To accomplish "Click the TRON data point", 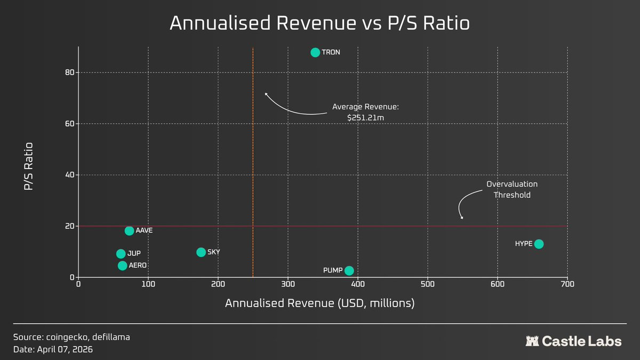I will [315, 52].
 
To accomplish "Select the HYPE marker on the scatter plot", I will [539, 244].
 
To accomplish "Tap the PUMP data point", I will [349, 270].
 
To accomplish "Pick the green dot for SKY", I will [201, 252].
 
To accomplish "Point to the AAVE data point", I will [129, 230].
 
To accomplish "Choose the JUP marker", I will [121, 254].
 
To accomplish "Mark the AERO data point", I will [122, 265].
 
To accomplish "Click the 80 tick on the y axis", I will [69, 73].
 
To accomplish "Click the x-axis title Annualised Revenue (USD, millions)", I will [319, 303].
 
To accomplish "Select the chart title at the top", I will [319, 23].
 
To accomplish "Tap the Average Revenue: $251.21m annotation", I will [365, 111].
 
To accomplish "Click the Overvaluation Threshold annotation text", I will [511, 189].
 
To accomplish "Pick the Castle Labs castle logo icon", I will [532, 341].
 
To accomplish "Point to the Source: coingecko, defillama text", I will [71, 337].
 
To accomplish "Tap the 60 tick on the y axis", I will [69, 124].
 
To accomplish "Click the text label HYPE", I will [524, 244].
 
